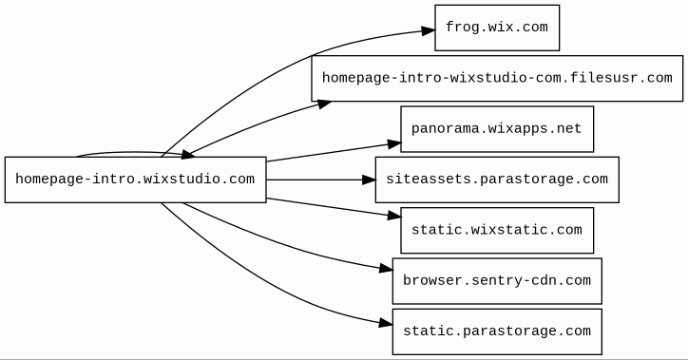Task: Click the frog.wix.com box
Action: pyautogui.click(x=497, y=28)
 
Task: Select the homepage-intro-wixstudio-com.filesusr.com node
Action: pyautogui.click(x=497, y=79)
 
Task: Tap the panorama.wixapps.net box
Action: pyautogui.click(x=497, y=129)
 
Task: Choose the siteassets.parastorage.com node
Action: pyautogui.click(x=497, y=180)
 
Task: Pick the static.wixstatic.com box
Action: pyautogui.click(x=497, y=231)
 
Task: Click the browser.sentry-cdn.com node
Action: pyautogui.click(x=497, y=281)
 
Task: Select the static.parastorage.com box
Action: pyautogui.click(x=497, y=332)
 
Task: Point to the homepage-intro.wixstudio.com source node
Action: pyautogui.click(x=136, y=180)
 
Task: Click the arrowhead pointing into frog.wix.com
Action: pyautogui.click(x=428, y=30)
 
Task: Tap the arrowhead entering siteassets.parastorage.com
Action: pyautogui.click(x=369, y=180)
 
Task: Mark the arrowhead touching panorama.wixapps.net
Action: pyautogui.click(x=394, y=143)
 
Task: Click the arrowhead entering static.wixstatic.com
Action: pyautogui.click(x=394, y=216)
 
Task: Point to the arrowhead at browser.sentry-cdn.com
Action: pyautogui.click(x=386, y=269)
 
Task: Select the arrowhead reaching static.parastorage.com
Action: pyautogui.click(x=385, y=324)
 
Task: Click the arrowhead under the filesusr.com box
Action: pyautogui.click(x=324, y=104)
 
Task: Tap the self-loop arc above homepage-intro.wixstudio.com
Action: pyautogui.click(x=132, y=153)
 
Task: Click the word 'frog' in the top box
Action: pyautogui.click(x=461, y=28)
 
